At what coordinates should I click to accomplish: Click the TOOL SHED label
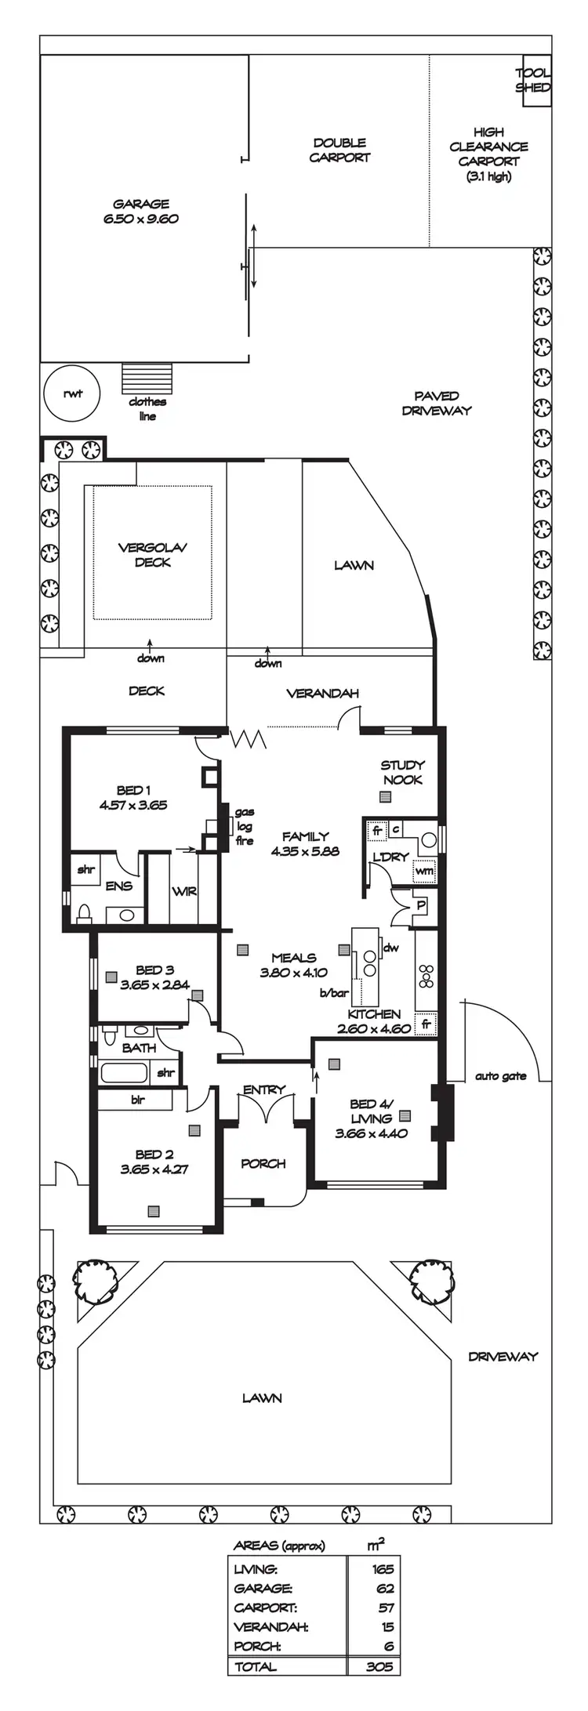pos(533,80)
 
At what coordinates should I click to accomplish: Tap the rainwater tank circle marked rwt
pos(71,393)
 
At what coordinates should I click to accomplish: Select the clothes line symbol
pos(147,379)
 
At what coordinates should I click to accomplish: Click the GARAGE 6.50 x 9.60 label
pos(141,212)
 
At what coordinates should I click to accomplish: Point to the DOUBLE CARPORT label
pos(339,150)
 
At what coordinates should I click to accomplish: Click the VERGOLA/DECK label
pos(152,555)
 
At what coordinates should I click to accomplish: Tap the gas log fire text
pos(245,827)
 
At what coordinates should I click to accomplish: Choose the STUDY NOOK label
pos(402,772)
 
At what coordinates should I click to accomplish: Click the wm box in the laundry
pos(423,870)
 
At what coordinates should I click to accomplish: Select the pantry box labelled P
pos(421,904)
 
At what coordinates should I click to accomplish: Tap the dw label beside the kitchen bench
pos(391,948)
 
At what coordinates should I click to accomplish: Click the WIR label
pos(183,892)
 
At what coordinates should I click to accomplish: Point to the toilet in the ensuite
pos(84,913)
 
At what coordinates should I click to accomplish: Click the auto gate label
pos(500,1076)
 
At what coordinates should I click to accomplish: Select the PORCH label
pos(263,1163)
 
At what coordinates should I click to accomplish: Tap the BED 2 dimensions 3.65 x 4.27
pos(154,1169)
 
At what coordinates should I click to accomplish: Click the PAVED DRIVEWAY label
pos(437,403)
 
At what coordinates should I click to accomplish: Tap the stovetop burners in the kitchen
pos(427,977)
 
